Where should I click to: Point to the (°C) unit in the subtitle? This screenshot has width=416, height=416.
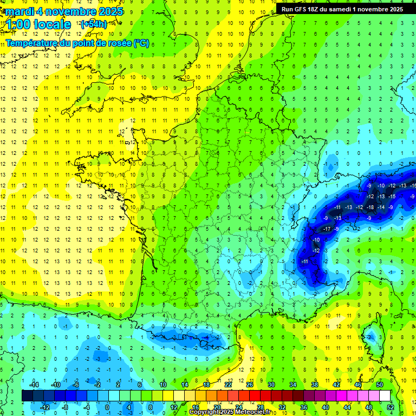pos(141,42)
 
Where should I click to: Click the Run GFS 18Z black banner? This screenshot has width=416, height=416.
pos(341,9)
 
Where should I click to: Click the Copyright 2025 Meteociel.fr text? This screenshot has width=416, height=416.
pos(230,412)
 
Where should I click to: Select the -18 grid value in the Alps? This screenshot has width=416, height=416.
pos(370,207)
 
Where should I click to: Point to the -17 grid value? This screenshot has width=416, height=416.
pos(327,229)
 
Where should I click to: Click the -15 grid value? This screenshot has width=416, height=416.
pos(392,196)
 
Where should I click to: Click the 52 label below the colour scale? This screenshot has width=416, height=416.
pos(391,407)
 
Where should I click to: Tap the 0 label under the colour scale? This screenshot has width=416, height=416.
pos(107,407)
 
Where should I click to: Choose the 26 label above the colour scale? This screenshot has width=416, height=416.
pos(249,385)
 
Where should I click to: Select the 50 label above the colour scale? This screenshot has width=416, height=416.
pos(380,385)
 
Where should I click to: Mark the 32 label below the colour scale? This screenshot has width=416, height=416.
pos(282,407)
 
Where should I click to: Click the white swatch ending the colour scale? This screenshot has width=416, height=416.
pos(385,396)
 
